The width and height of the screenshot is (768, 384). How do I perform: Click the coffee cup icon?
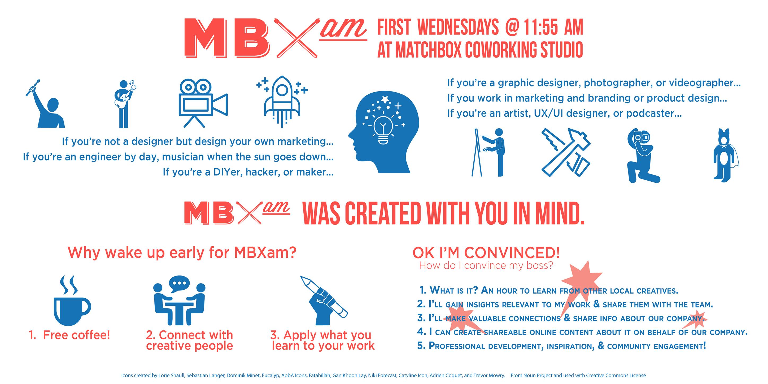pos(72,301)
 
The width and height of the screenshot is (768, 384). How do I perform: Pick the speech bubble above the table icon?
pos(179,284)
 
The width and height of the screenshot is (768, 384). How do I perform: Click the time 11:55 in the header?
pos(540,27)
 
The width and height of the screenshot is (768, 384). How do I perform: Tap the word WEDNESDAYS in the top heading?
pos(458,27)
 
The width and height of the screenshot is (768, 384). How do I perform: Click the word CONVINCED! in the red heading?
pos(512,253)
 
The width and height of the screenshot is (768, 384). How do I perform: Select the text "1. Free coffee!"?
pos(69,335)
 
